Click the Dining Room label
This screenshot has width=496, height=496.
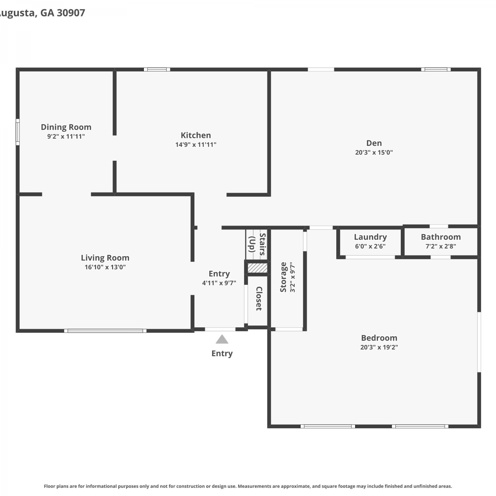pyautogui.click(x=66, y=127)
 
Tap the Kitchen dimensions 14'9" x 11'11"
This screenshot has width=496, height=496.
pyautogui.click(x=196, y=145)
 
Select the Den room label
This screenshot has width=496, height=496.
pyautogui.click(x=374, y=143)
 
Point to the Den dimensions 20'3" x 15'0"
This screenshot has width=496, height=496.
pyautogui.click(x=374, y=152)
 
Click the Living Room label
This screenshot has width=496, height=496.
pyautogui.click(x=105, y=258)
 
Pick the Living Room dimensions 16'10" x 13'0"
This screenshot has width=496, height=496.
pyautogui.click(x=105, y=267)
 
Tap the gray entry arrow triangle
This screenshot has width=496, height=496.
pyautogui.click(x=222, y=339)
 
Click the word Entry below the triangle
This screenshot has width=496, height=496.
pyautogui.click(x=222, y=353)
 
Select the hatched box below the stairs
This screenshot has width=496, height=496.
pyautogui.click(x=258, y=268)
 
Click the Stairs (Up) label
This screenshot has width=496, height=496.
pyautogui.click(x=257, y=244)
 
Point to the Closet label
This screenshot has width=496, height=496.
pyautogui.click(x=259, y=299)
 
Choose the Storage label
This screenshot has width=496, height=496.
pyautogui.click(x=283, y=277)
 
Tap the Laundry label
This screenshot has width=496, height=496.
pyautogui.click(x=370, y=237)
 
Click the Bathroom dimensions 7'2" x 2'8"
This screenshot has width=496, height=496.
pyautogui.click(x=441, y=246)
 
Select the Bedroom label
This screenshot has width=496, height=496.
pyautogui.click(x=379, y=338)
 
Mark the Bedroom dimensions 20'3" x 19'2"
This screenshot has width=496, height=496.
pyautogui.click(x=379, y=347)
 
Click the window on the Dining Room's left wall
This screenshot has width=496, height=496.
pyautogui.click(x=18, y=132)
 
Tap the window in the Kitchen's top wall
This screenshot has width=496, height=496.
pyautogui.click(x=157, y=69)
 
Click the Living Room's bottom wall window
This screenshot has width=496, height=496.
pyautogui.click(x=105, y=331)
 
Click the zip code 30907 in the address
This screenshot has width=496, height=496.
pyautogui.click(x=71, y=13)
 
